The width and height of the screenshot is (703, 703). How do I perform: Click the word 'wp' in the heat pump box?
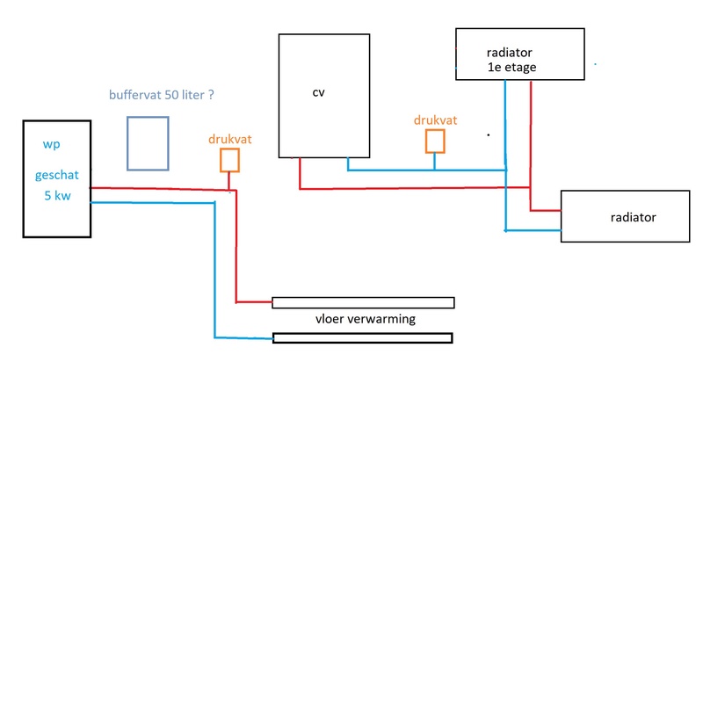(51, 143)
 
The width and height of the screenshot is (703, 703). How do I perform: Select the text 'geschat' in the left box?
(57, 175)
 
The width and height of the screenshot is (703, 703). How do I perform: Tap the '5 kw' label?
(57, 195)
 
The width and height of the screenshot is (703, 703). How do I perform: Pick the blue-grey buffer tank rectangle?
(147, 142)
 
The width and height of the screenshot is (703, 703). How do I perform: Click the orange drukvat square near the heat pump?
(229, 159)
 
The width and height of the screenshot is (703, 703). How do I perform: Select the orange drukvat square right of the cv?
(435, 141)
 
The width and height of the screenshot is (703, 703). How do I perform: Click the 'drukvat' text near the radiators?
(435, 120)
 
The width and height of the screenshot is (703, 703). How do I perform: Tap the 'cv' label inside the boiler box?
(318, 91)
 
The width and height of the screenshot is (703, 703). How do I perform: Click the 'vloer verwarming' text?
(365, 319)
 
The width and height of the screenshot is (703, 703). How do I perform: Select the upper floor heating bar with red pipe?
(363, 302)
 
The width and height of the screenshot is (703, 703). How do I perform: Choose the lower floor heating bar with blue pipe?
(363, 337)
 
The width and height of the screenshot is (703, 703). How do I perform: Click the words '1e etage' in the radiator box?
(511, 67)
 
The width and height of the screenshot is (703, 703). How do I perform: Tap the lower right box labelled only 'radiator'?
(625, 216)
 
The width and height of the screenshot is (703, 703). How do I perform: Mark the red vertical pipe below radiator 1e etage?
(531, 141)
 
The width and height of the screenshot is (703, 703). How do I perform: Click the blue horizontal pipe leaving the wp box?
(154, 203)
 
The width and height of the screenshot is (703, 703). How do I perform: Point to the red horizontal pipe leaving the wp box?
(158, 188)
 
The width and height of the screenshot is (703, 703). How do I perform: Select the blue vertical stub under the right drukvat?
(435, 160)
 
